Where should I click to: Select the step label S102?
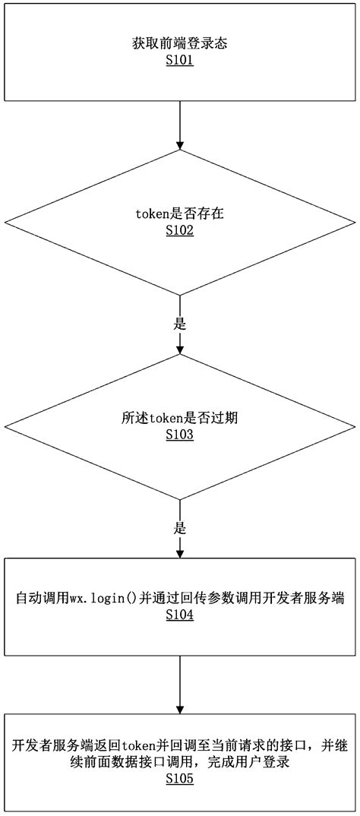[x=179, y=230]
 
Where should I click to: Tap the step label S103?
[x=179, y=435]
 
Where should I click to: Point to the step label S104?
[x=179, y=615]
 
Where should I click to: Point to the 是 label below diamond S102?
[x=180, y=324]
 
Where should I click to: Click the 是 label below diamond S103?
[x=180, y=527]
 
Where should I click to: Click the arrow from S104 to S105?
[x=180, y=684]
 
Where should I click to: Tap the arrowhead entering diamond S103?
[x=180, y=349]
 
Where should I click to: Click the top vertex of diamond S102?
[x=180, y=150]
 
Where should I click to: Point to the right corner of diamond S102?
[x=354, y=223]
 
